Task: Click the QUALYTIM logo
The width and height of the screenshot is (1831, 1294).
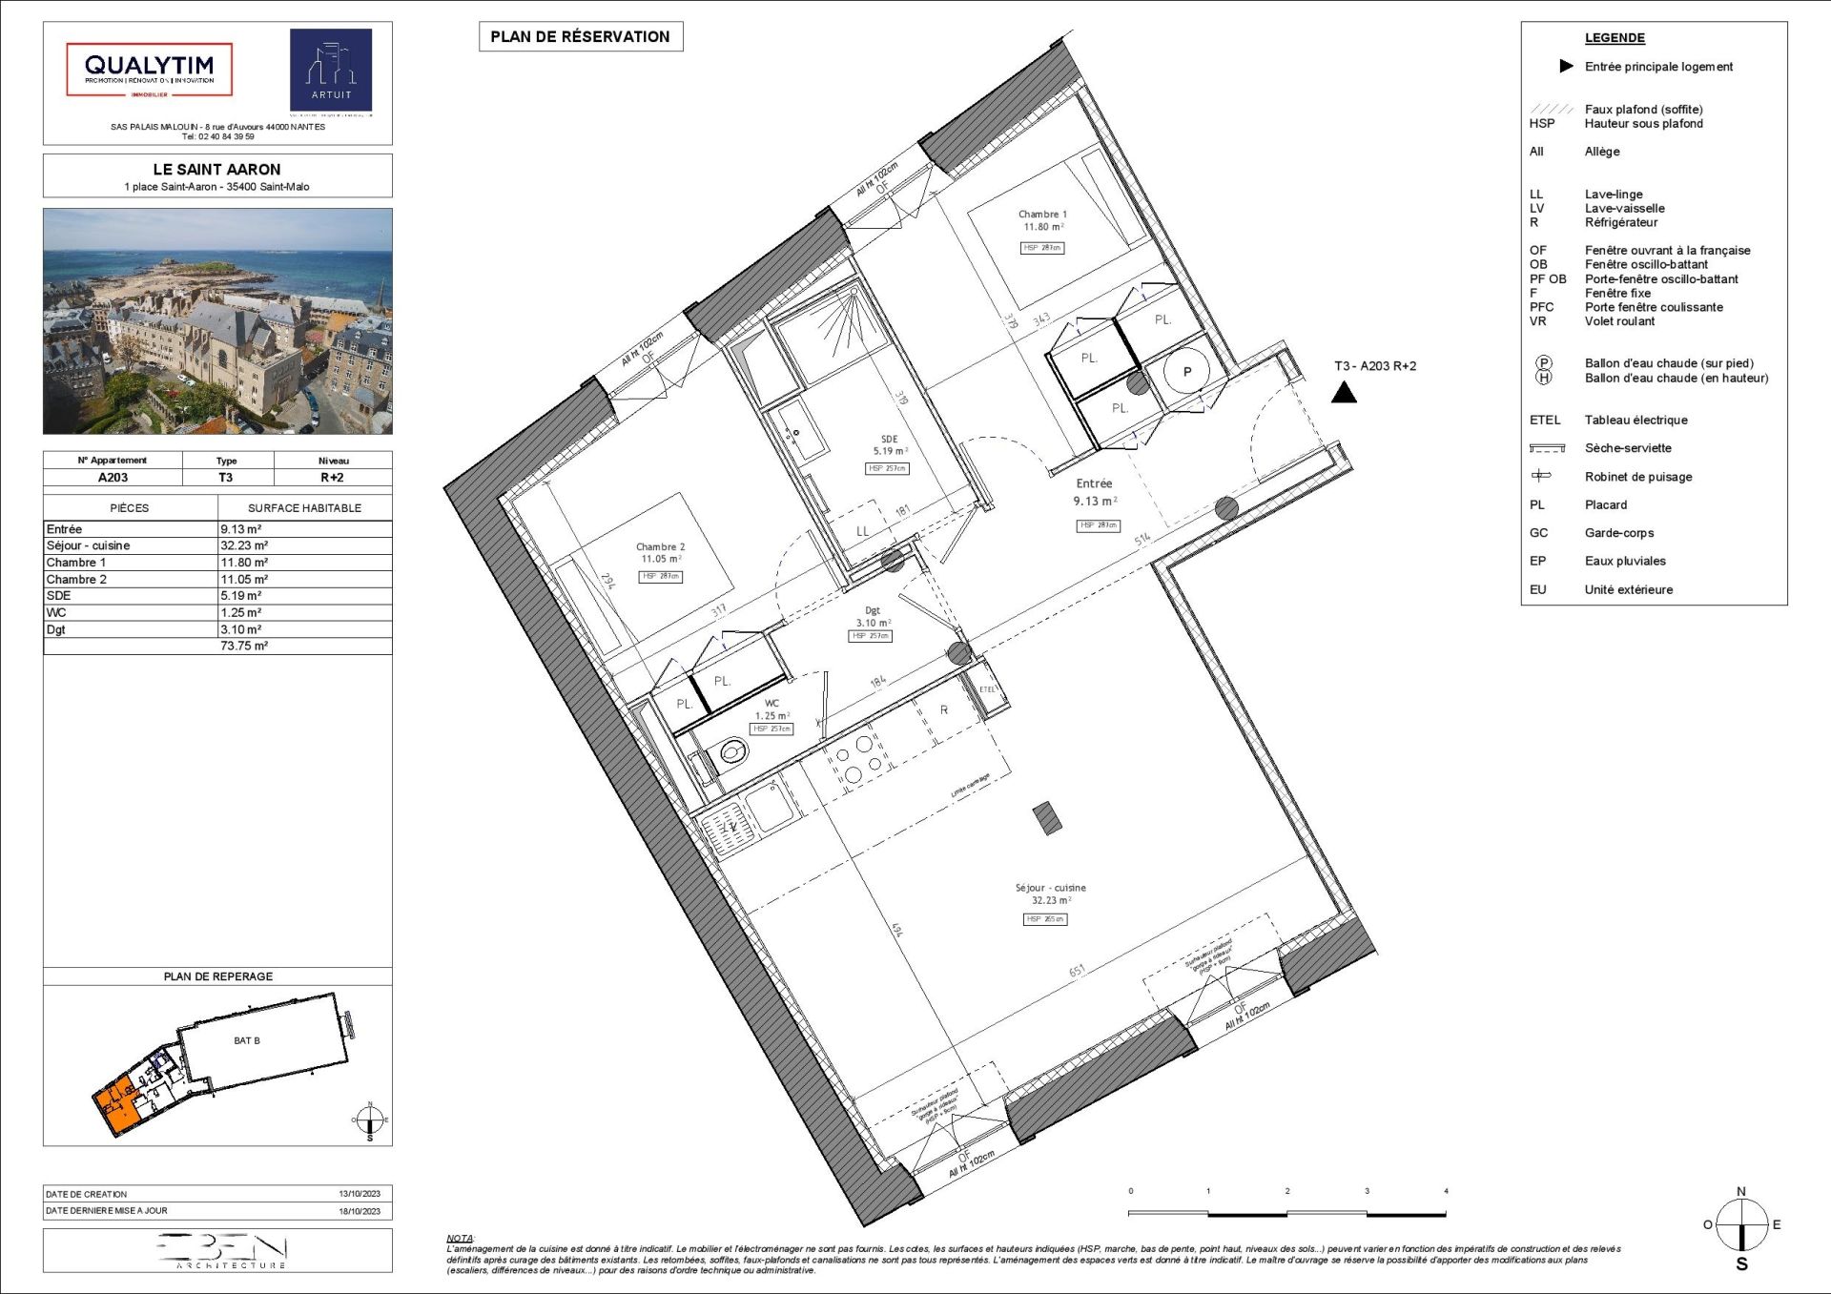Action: pyautogui.click(x=149, y=69)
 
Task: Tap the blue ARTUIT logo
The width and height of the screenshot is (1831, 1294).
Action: pyautogui.click(x=331, y=70)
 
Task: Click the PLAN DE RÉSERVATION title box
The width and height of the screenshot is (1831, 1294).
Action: pyautogui.click(x=580, y=36)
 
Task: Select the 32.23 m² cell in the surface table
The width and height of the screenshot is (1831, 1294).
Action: pyautogui.click(x=244, y=545)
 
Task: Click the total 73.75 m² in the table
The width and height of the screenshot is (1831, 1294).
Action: pyautogui.click(x=244, y=646)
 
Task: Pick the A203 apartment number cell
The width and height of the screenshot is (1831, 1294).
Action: pyautogui.click(x=113, y=477)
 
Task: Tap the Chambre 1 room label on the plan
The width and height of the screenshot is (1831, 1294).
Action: pyautogui.click(x=1042, y=215)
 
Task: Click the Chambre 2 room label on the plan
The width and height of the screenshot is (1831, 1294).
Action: pyautogui.click(x=660, y=547)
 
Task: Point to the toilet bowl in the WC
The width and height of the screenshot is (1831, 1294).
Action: pyautogui.click(x=732, y=753)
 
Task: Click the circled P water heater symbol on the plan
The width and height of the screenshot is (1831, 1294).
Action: pyautogui.click(x=1186, y=373)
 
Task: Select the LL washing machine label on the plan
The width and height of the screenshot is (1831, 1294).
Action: pyautogui.click(x=862, y=531)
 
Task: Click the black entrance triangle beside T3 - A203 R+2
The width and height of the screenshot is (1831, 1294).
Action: pyautogui.click(x=1344, y=392)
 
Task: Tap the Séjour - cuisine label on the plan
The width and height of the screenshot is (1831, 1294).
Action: pyautogui.click(x=1050, y=888)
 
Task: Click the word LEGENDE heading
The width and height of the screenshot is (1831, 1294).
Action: pyautogui.click(x=1615, y=38)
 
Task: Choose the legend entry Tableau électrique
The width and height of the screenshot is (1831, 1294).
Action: pyautogui.click(x=1636, y=420)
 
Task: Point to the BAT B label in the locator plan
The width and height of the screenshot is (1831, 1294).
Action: pyautogui.click(x=247, y=1040)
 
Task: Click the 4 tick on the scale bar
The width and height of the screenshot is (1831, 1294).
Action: pyautogui.click(x=1446, y=1191)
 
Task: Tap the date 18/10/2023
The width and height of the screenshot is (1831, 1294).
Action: pyautogui.click(x=360, y=1211)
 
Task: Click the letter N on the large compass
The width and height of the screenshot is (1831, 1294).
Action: pyautogui.click(x=1741, y=1192)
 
